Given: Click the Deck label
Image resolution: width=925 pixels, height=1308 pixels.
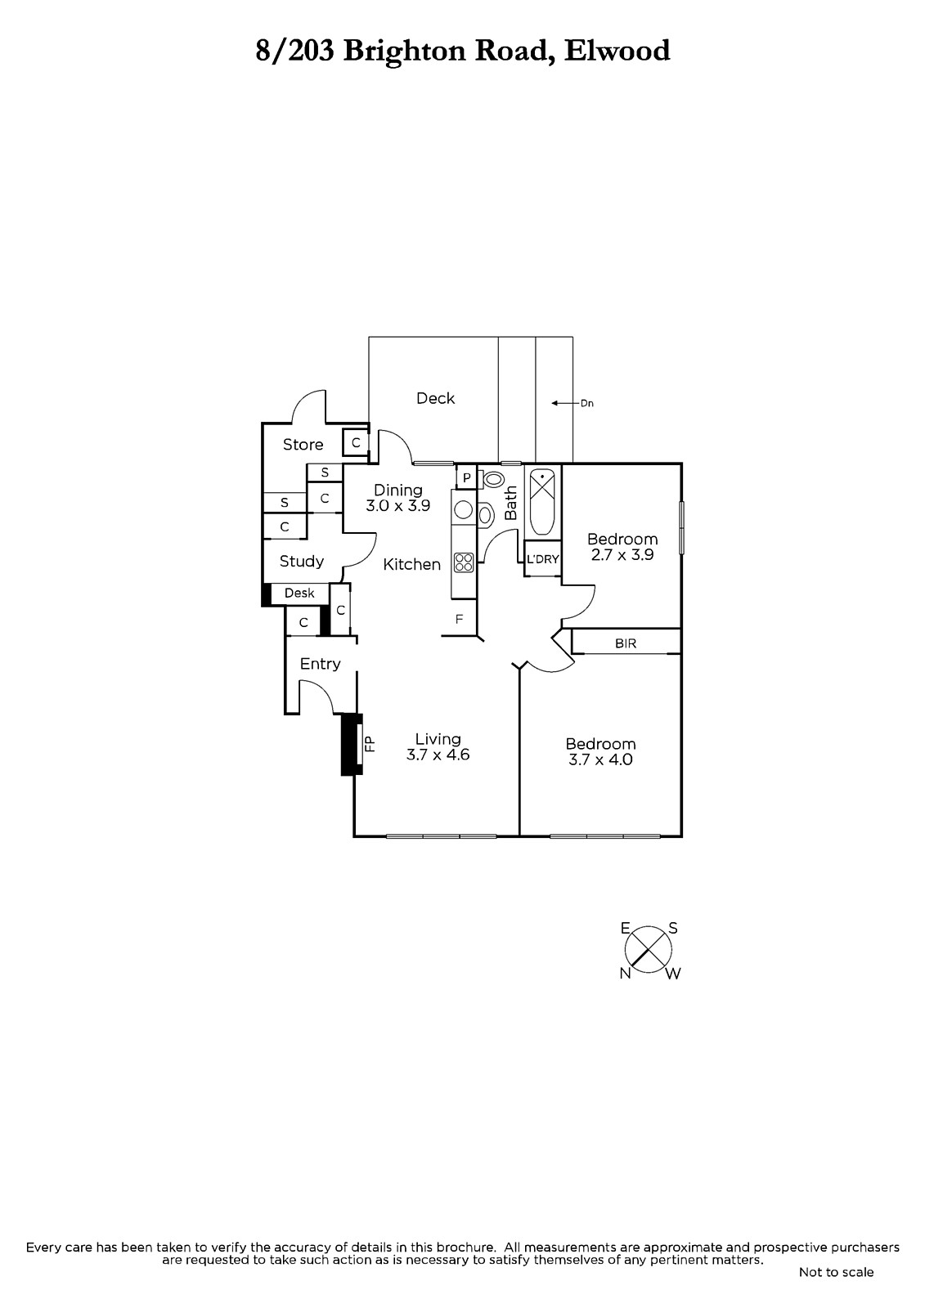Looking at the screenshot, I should pos(435,398).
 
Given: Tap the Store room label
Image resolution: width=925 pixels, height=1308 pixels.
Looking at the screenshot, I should pos(303,445).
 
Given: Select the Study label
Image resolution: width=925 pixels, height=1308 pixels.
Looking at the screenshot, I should pos(302,562).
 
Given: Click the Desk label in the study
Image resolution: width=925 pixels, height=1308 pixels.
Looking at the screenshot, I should pos(299,594).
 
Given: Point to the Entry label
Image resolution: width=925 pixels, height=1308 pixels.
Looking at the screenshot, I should pos(320,664).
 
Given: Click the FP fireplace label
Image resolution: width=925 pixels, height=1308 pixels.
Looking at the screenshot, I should pos(369,743).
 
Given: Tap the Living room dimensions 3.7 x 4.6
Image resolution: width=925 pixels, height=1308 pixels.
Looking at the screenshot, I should pos(438,755).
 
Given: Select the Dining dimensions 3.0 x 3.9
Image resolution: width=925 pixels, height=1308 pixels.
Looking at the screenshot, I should pos(397,506).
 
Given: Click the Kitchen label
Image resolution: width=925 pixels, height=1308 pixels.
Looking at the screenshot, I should pos(412,564).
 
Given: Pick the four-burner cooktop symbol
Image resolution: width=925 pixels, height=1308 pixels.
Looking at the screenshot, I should pos(464,562).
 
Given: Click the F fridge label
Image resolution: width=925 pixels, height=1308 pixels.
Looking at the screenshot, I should pos(460,620).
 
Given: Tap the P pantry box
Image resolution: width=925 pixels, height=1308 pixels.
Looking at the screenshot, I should pos(466,477).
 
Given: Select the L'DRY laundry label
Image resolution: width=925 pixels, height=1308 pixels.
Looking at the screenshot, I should pos(542,560).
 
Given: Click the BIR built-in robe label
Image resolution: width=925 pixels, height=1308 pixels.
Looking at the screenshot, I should pos(626,643).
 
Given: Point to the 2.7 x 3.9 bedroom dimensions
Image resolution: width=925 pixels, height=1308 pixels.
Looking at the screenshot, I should pos(622,554).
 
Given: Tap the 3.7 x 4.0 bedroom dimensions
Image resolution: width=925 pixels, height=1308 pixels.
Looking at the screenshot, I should pos(600,759).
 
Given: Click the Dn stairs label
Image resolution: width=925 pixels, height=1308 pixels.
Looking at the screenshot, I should pos(586,403).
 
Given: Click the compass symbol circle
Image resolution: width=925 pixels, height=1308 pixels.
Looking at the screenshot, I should pos(649,950).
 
